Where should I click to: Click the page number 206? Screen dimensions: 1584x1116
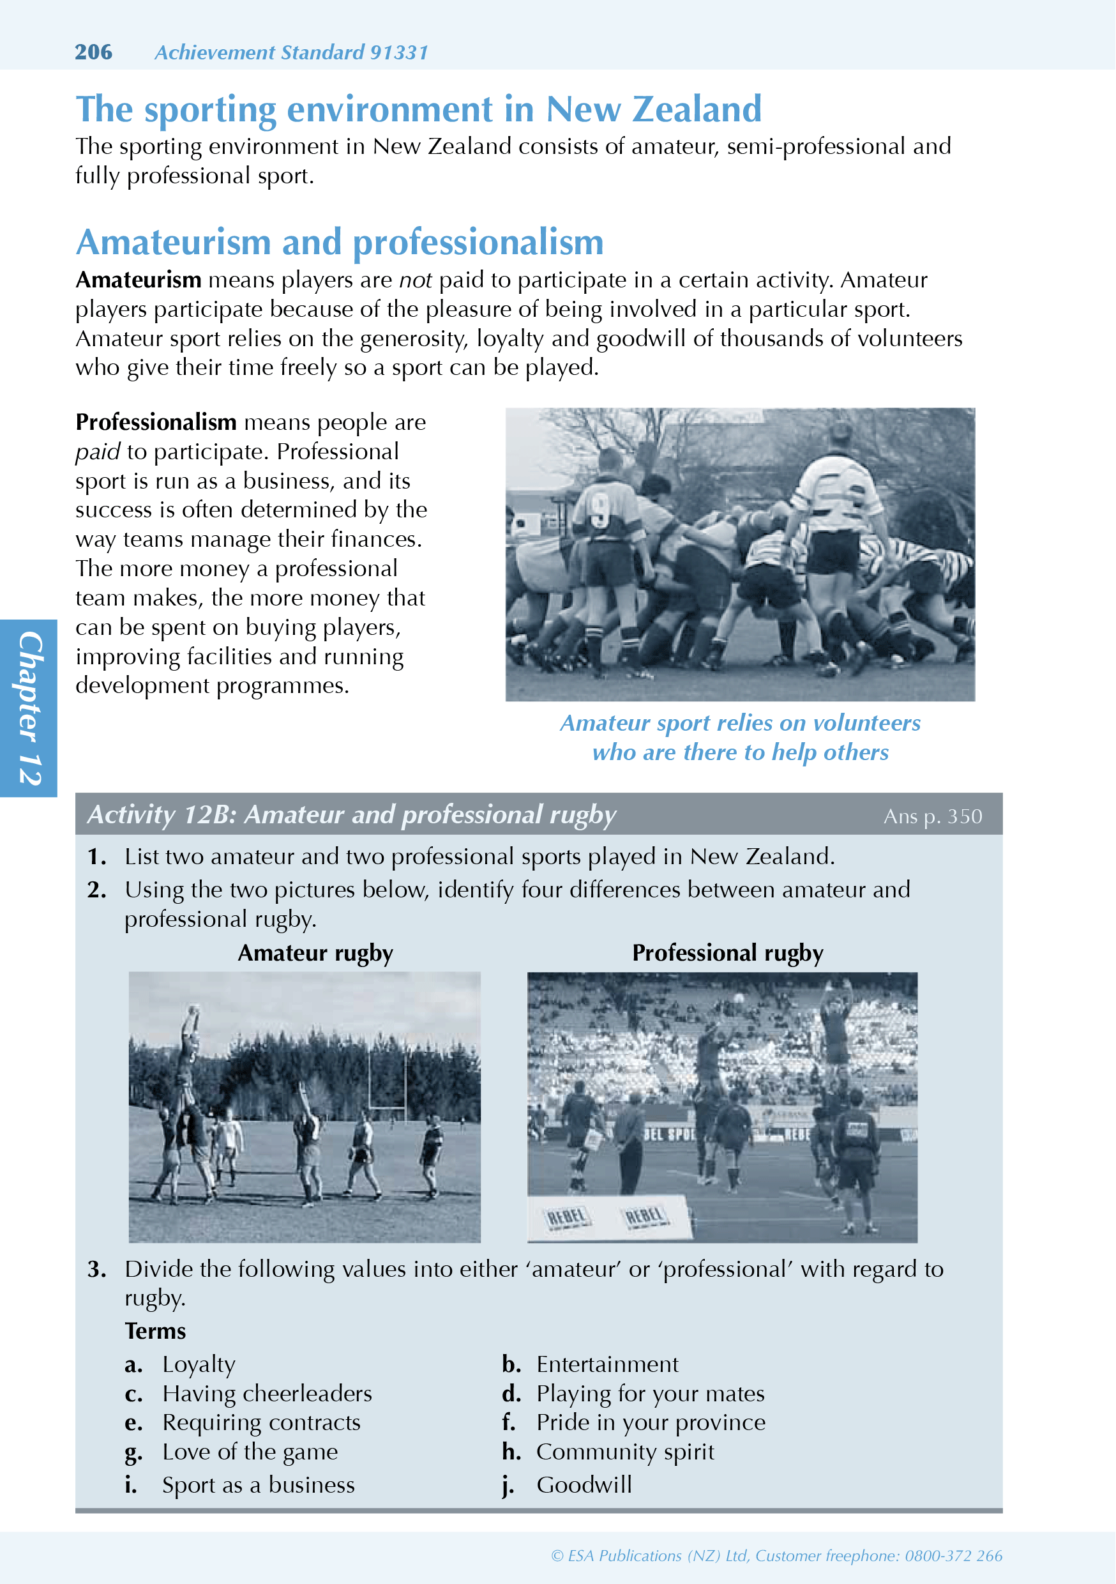click(93, 52)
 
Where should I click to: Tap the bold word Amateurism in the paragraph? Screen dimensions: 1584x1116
click(138, 280)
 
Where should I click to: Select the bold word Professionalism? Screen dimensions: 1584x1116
click(156, 422)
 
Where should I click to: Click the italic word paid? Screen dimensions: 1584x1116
click(98, 451)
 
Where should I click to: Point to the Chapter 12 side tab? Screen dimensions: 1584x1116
click(28, 708)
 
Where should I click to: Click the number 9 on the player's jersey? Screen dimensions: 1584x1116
click(600, 508)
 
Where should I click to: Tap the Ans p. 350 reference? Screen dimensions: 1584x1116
click(933, 816)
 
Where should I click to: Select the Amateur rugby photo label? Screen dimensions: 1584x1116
click(315, 953)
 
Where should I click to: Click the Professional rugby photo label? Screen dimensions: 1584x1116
click(728, 953)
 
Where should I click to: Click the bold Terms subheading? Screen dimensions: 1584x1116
click(155, 1331)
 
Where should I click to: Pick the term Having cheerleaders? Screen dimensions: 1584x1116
click(267, 1394)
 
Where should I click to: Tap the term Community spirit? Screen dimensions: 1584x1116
click(625, 1452)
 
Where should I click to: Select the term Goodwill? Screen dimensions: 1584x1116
click(584, 1484)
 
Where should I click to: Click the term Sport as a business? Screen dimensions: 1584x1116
click(258, 1484)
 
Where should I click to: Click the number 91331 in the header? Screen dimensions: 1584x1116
click(398, 52)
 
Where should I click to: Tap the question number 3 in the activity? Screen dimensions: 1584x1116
click(96, 1268)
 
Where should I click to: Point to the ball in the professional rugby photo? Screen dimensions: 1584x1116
click(739, 998)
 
